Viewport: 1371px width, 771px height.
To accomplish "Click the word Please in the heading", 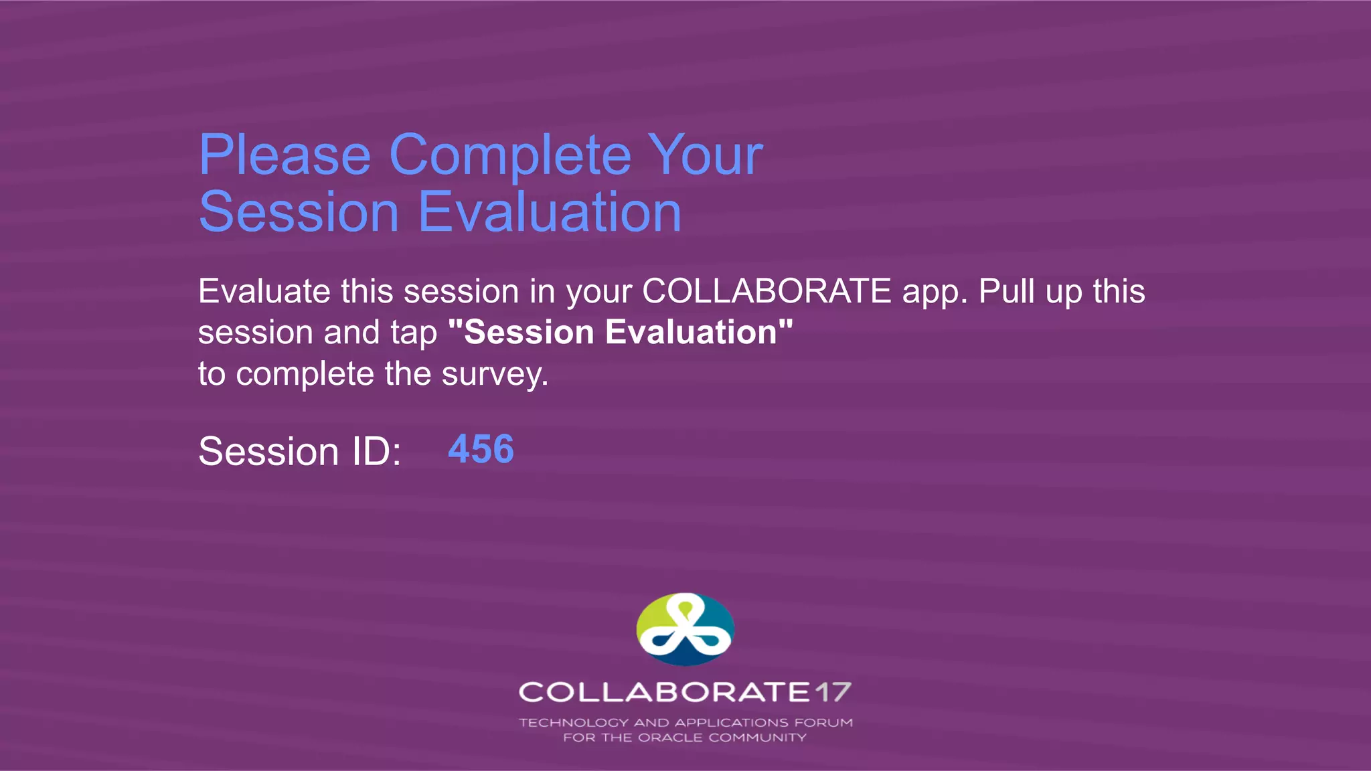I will (x=285, y=155).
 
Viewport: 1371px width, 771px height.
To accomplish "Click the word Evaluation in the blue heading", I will (x=550, y=212).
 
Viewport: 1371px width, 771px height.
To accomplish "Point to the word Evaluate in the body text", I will (x=264, y=292).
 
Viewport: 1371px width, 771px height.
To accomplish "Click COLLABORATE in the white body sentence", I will (x=767, y=292).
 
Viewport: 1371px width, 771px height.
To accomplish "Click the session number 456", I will (x=481, y=449).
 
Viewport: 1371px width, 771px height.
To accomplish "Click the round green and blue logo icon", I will (x=685, y=628).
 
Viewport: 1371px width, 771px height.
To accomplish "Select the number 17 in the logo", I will (x=833, y=692).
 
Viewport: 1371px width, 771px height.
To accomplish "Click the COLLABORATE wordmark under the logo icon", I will (x=665, y=692).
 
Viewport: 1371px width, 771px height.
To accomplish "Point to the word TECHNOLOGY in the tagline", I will (x=574, y=723).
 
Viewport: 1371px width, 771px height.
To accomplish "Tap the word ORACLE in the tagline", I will (x=669, y=738).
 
